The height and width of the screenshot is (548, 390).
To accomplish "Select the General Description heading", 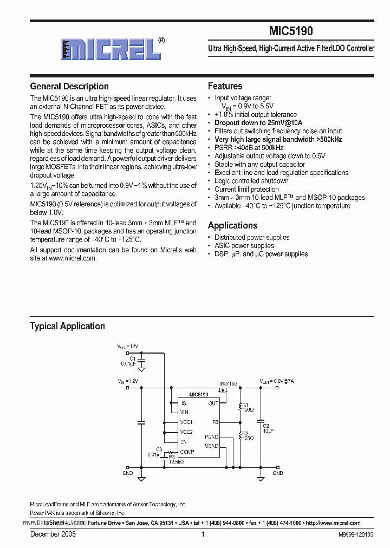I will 69,87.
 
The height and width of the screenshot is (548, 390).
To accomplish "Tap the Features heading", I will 225,86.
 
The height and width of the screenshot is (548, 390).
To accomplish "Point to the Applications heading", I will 232,225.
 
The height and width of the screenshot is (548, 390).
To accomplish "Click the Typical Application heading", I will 67,326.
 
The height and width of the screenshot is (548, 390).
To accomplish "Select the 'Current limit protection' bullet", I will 246,189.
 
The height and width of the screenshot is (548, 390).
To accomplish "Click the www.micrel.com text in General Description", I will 73,258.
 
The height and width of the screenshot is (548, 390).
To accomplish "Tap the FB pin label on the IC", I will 214,422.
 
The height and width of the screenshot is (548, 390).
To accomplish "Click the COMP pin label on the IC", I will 187,452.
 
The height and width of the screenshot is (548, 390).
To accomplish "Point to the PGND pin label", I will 211,436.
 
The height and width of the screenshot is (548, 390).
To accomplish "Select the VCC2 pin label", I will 186,432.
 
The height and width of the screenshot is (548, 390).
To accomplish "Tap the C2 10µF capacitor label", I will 266,428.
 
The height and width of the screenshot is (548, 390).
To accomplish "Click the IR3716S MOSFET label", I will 228,383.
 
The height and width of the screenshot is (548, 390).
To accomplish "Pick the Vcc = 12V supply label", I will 128,346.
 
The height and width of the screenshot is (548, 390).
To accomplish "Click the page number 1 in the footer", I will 203,534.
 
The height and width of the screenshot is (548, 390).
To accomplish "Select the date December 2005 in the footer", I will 53,534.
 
